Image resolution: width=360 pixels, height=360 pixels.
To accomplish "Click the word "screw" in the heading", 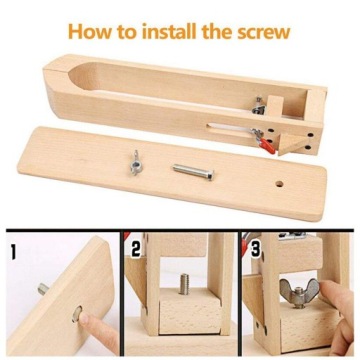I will click(261, 30).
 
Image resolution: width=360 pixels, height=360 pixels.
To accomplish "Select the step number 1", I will click(13, 245).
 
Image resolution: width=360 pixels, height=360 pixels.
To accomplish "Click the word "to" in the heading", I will click(128, 30).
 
